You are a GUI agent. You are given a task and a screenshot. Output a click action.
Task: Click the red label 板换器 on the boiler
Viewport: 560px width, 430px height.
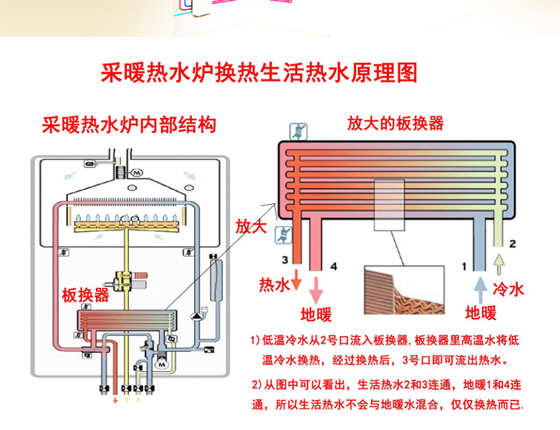point(85,295)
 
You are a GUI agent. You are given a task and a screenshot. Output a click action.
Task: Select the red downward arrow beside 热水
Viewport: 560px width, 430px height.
point(296,281)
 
